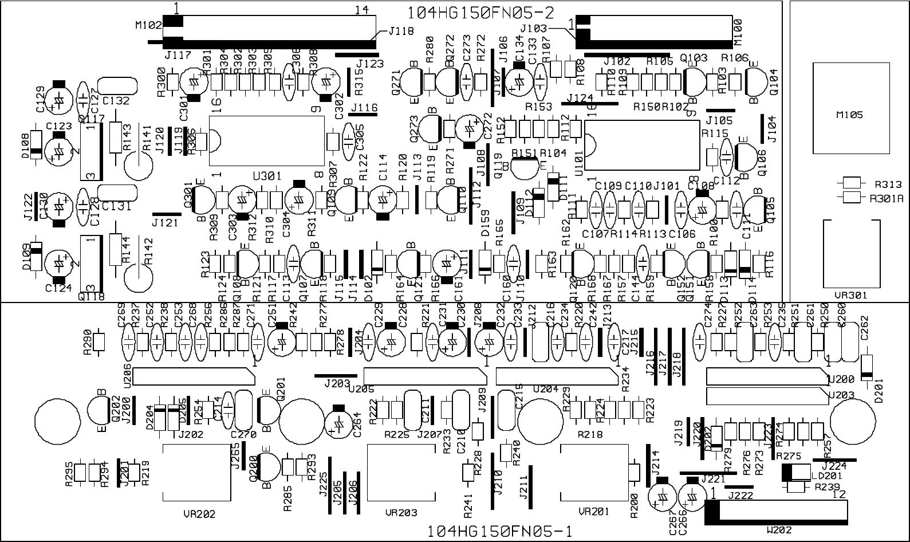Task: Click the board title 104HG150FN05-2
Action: click(481, 13)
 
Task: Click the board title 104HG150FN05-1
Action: click(500, 532)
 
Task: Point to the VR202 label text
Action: click(198, 514)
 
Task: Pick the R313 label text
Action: click(888, 184)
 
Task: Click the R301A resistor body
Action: click(852, 198)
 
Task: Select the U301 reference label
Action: click(267, 176)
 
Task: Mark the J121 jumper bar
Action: click(167, 214)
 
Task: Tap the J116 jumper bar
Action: click(364, 115)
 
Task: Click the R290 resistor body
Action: click(100, 342)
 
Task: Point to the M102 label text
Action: click(148, 25)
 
